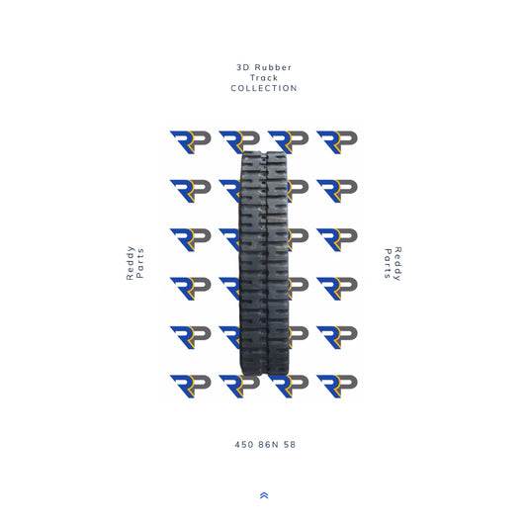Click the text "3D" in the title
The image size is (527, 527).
coord(242,66)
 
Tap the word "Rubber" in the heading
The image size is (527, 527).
coord(272,66)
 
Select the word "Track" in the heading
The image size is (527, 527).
coord(263,77)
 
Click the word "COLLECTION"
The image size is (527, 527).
coord(263,88)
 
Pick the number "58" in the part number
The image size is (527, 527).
coord(289,444)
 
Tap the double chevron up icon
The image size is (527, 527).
coord(263,494)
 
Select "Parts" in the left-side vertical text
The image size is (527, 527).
coord(140,263)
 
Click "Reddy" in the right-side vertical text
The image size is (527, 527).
coord(397,263)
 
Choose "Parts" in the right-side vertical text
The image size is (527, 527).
coord(387,263)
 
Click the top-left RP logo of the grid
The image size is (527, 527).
coord(190,141)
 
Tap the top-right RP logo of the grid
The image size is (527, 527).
coord(336,141)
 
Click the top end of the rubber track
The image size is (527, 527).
coord(263,156)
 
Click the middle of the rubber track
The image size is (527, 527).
coord(263,263)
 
